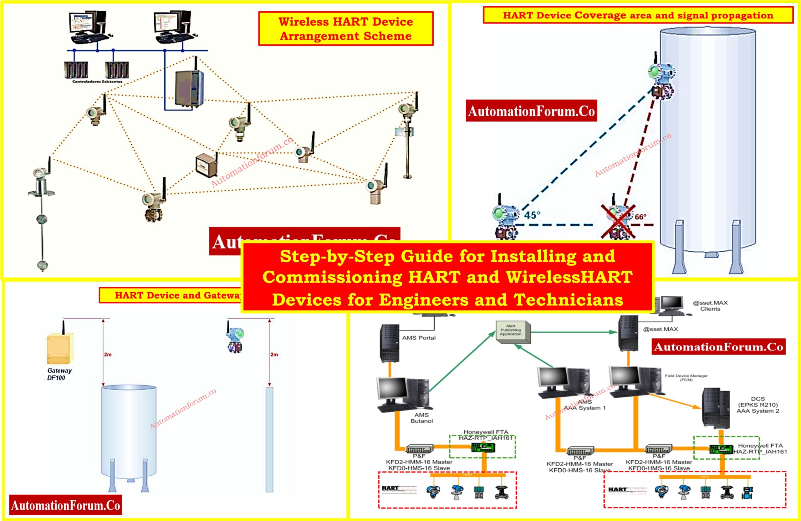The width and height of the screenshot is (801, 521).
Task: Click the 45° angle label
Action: click(532, 215)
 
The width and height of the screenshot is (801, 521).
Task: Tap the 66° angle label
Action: click(640, 217)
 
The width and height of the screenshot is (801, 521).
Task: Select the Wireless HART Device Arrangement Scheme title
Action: click(346, 28)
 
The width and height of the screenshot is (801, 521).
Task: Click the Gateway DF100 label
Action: click(59, 374)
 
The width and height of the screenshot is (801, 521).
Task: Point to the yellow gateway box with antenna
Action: click(60, 348)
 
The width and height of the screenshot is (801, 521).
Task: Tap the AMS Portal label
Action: click(419, 338)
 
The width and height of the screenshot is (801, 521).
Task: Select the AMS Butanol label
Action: click(421, 418)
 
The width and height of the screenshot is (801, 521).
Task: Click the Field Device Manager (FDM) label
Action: click(686, 378)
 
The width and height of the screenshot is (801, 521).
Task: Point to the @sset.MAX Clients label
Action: click(710, 306)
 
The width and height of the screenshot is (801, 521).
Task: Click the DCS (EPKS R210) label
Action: click(758, 405)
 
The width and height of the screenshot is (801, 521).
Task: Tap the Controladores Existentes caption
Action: click(97, 81)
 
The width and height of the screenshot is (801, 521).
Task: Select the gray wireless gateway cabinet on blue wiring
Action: click(189, 88)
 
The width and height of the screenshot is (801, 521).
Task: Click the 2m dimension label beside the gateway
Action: click(108, 355)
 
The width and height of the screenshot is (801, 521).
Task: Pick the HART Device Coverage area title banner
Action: click(638, 15)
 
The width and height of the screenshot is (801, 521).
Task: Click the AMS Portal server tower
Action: click(390, 343)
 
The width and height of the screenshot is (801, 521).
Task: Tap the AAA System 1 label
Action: click(584, 408)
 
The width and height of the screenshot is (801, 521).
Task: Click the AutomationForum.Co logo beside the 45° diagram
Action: click(531, 111)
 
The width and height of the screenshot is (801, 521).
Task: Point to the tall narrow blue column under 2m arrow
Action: click(269, 439)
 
